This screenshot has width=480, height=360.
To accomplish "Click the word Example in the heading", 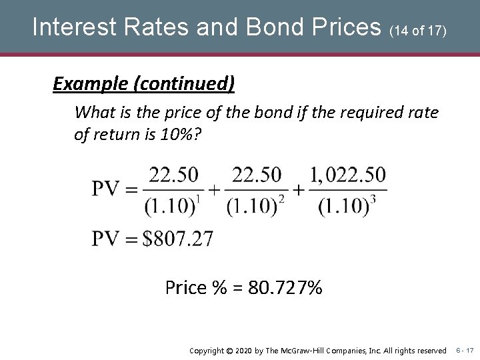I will [x=89, y=83].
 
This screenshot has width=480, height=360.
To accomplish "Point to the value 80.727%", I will [x=285, y=289].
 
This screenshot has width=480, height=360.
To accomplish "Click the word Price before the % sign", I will [x=185, y=289].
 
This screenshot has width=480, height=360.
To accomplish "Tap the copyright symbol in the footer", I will [x=231, y=350].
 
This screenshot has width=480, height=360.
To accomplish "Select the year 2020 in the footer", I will [x=249, y=350].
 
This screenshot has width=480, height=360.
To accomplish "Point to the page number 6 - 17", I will [x=465, y=350].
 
